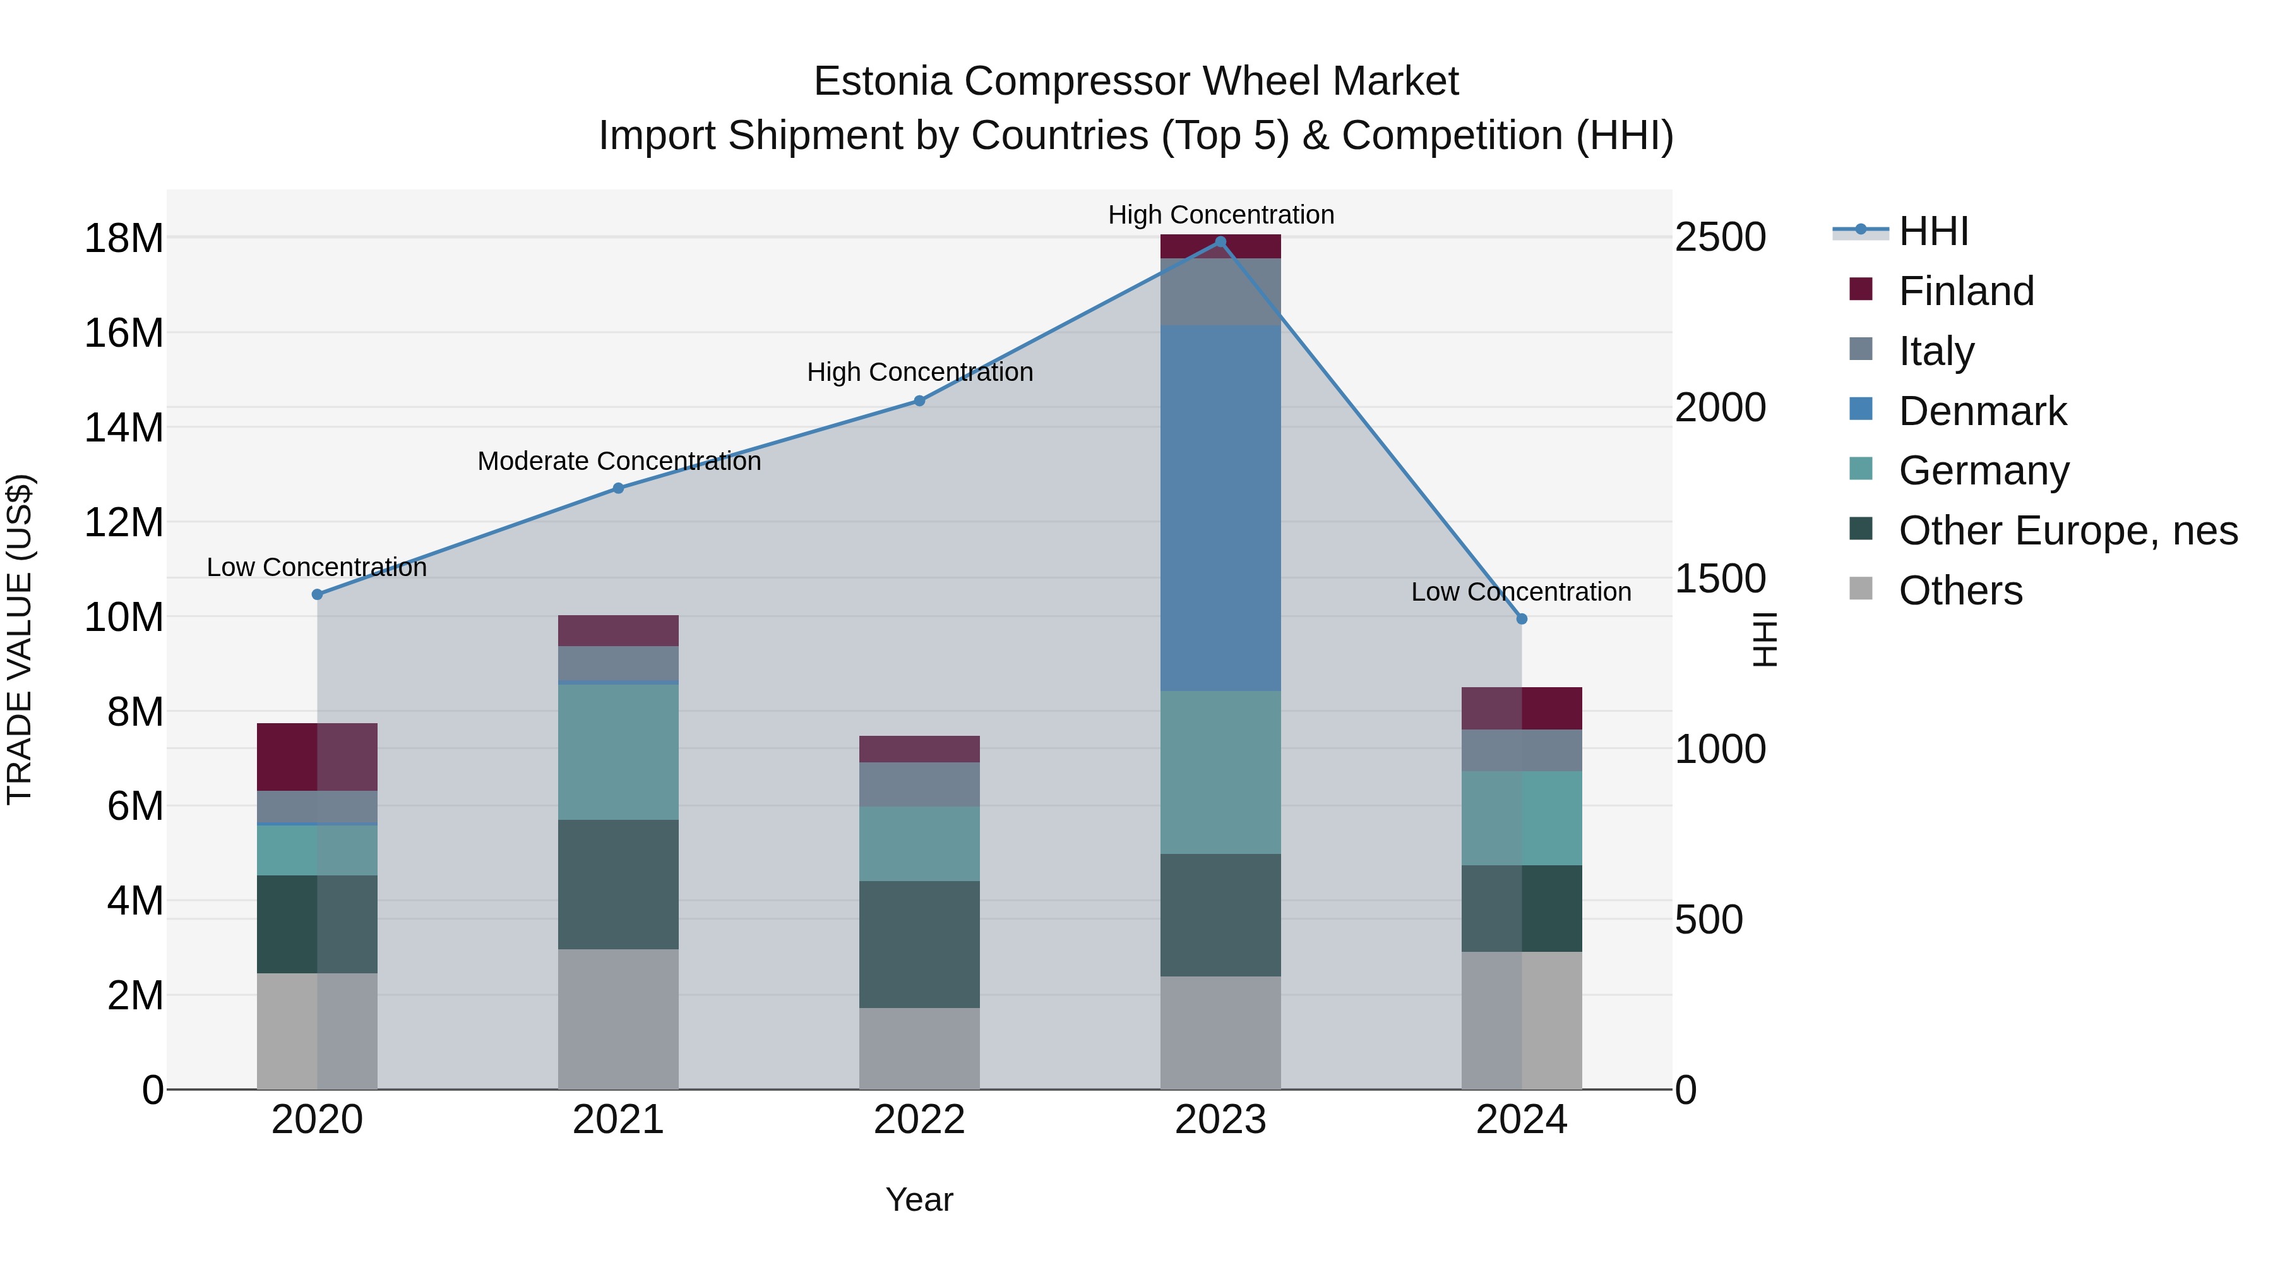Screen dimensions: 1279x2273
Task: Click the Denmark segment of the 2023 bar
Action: pos(1220,508)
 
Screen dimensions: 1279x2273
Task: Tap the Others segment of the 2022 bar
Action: pos(919,1048)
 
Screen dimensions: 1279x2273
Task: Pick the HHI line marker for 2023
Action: pos(1220,242)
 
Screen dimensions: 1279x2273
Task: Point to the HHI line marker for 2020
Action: pos(318,594)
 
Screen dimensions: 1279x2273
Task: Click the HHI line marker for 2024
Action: pos(1521,619)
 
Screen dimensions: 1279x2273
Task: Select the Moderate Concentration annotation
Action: pos(619,462)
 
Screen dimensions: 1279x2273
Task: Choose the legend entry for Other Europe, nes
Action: pos(2067,531)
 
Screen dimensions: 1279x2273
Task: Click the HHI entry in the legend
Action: pos(1933,231)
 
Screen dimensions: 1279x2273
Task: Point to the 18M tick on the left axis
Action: pos(124,238)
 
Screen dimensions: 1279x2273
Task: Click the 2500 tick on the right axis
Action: pos(1720,238)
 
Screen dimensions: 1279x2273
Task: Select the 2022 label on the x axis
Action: pos(919,1120)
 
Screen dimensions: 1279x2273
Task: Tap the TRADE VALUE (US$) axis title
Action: pos(20,639)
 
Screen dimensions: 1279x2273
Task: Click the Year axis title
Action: pos(919,1199)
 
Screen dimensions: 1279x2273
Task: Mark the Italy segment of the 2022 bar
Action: pos(919,784)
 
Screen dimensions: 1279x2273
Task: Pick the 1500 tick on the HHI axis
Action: pos(1720,579)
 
